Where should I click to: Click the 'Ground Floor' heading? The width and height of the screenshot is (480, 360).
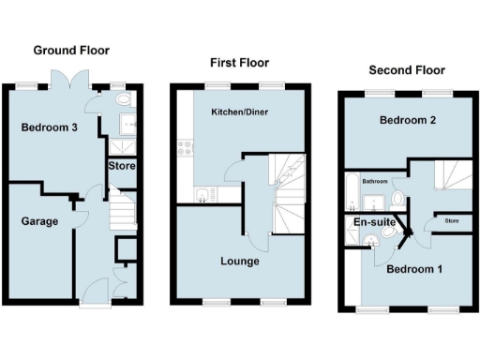[71, 51]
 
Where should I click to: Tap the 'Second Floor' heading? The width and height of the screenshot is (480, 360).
[406, 70]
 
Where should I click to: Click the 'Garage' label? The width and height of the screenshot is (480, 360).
[40, 221]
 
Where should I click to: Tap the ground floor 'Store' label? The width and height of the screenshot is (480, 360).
[122, 166]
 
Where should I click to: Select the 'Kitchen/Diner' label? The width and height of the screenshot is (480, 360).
[238, 112]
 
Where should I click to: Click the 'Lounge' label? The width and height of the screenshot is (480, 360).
[241, 261]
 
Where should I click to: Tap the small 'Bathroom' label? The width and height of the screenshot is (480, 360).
[376, 181]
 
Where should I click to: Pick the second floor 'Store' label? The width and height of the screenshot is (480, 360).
[451, 221]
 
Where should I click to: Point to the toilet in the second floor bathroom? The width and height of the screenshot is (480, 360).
[398, 199]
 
